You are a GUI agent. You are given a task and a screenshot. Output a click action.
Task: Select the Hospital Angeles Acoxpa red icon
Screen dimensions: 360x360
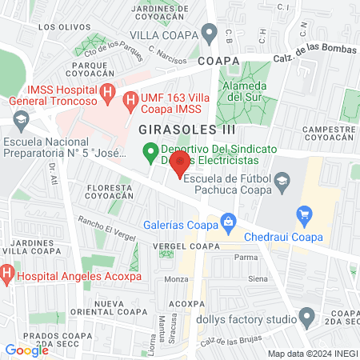click(7, 277)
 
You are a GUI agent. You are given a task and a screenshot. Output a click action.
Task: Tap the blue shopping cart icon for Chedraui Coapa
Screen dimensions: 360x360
click(303, 214)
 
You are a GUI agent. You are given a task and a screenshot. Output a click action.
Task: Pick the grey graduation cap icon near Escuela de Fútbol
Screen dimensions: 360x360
click(282, 184)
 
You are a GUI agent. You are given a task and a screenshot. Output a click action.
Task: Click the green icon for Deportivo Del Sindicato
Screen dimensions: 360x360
click(149, 150)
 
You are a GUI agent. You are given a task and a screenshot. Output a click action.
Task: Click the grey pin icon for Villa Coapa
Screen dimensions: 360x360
click(210, 34)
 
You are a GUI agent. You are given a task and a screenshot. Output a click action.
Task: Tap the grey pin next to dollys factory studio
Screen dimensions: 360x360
click(305, 317)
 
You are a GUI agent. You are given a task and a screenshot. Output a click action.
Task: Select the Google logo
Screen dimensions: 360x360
click(26, 350)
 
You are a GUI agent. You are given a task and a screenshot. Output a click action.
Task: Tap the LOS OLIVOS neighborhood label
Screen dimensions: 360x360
click(58, 26)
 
